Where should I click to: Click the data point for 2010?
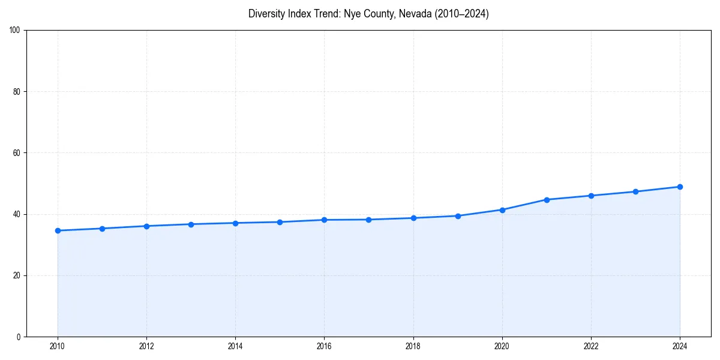tap(58, 230)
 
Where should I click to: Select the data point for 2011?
tap(102, 229)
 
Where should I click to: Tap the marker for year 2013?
tap(191, 224)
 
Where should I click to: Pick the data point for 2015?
tap(280, 222)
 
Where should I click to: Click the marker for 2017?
tap(368, 220)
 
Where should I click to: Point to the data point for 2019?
tap(458, 216)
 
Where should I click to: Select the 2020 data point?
tap(502, 210)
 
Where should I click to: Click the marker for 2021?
tap(547, 200)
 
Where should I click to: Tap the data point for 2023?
tap(635, 192)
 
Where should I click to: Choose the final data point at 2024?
tap(680, 187)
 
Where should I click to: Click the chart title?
tap(368, 14)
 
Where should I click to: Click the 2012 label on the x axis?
tap(146, 346)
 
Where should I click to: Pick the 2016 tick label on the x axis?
tap(324, 346)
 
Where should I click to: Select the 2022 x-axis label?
tap(591, 346)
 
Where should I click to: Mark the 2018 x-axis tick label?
tap(413, 346)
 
